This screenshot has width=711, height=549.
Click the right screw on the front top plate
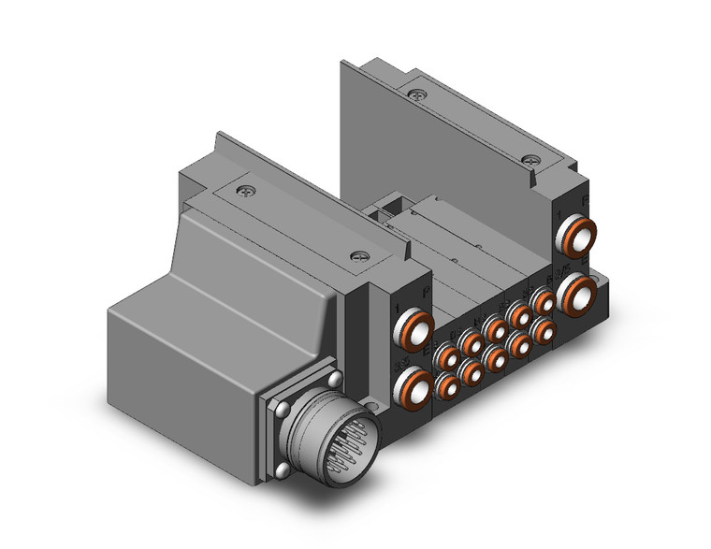[x=355, y=254]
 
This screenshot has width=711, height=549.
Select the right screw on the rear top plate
[x=531, y=160]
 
